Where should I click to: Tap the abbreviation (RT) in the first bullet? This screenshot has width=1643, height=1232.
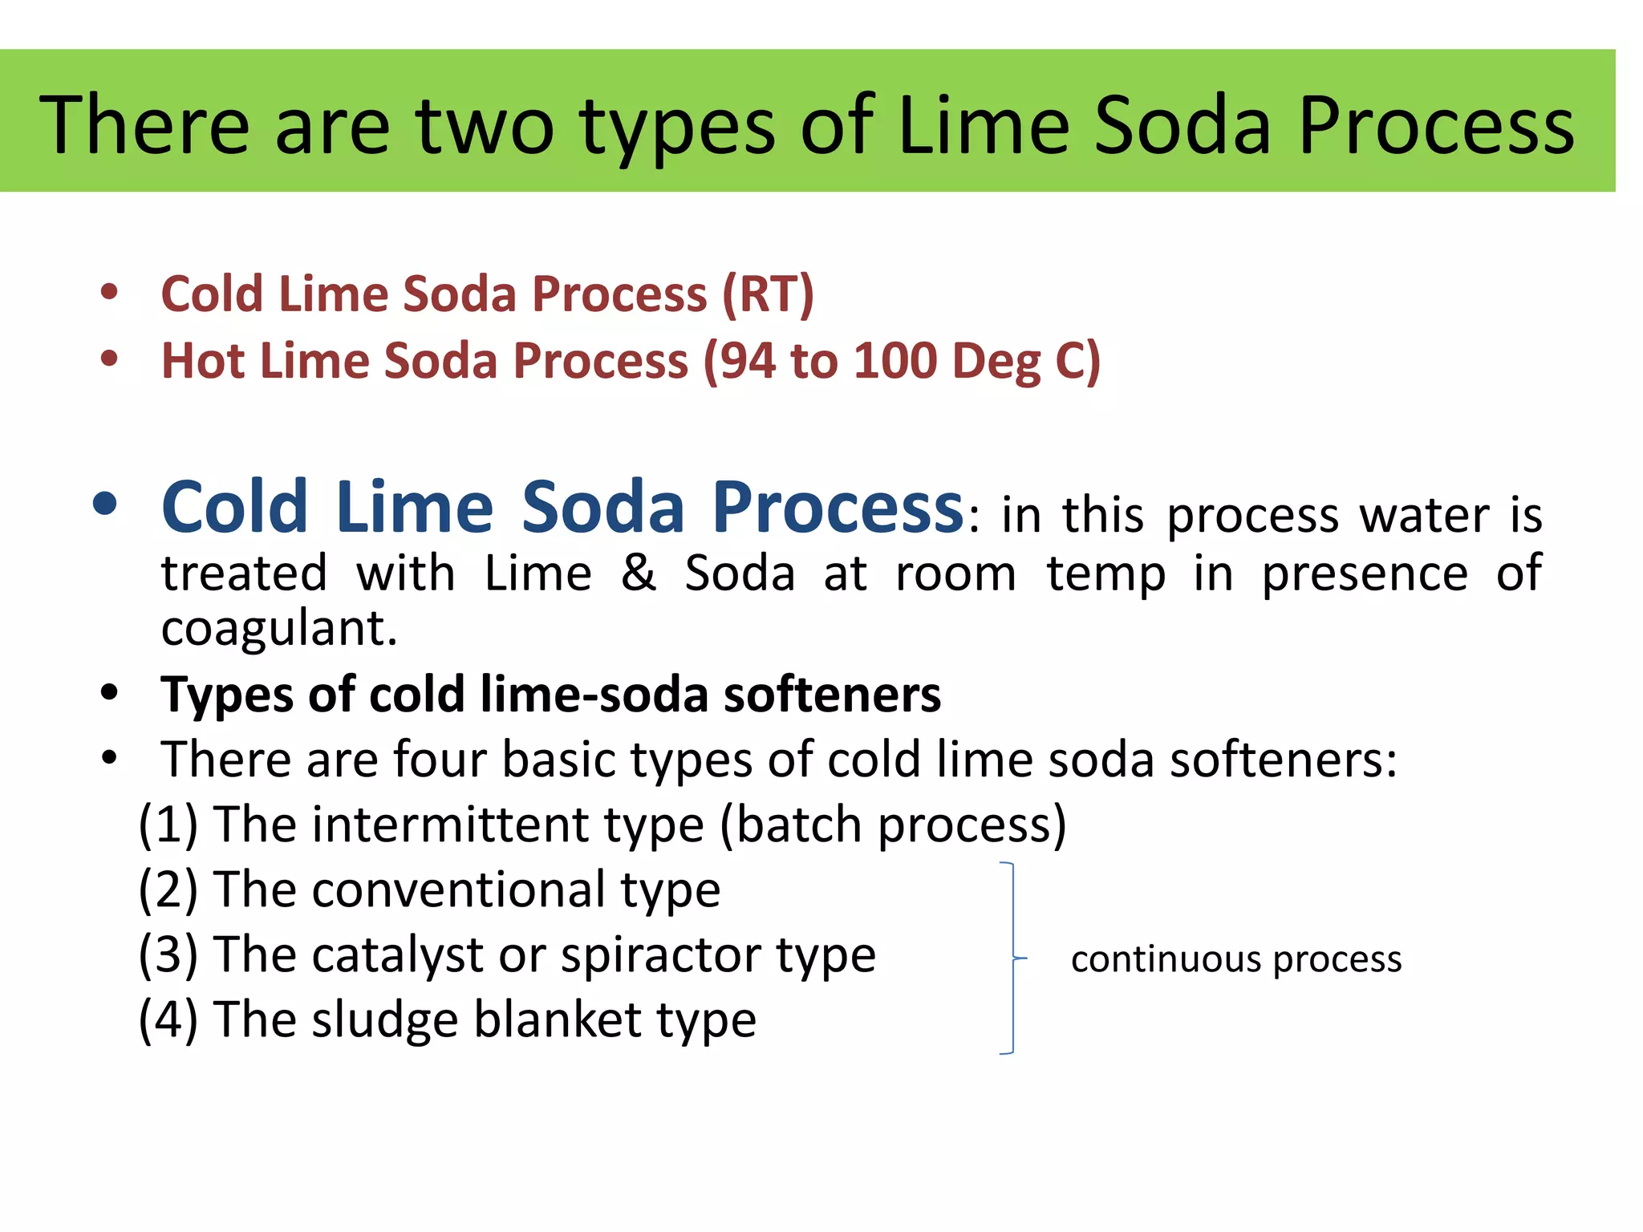click(x=768, y=294)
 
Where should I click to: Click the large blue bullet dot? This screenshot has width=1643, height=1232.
click(x=105, y=505)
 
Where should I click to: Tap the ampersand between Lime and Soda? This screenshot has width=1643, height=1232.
click(x=638, y=573)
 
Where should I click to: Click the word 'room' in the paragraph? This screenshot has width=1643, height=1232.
click(x=955, y=573)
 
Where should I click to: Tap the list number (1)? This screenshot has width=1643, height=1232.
click(x=168, y=825)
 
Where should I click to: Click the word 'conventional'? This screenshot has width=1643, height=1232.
click(x=458, y=890)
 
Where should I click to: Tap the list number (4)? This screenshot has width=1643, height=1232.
click(x=168, y=1020)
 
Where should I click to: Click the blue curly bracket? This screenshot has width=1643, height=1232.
click(x=1012, y=958)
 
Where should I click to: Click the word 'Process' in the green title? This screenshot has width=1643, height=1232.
click(x=1436, y=126)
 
